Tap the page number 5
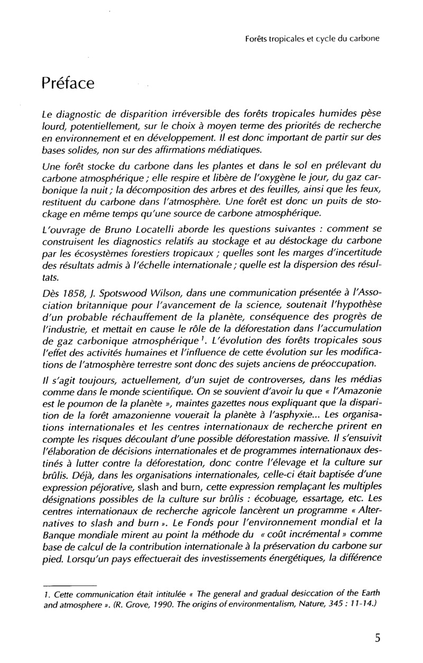coord(378,638)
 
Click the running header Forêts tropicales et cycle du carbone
coord(314,39)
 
